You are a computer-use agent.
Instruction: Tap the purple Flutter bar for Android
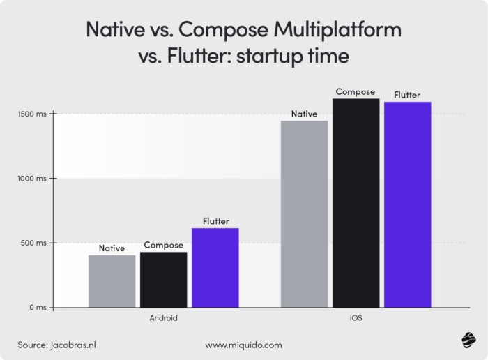click(215, 268)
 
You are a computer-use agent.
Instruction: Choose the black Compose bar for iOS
click(356, 203)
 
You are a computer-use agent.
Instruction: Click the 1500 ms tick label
click(32, 114)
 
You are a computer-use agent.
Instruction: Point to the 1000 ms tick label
click(32, 179)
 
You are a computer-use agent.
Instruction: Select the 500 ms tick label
click(33, 243)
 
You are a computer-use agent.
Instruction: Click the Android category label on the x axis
click(163, 318)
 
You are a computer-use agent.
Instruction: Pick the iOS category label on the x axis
click(356, 318)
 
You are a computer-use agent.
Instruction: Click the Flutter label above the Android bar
click(215, 221)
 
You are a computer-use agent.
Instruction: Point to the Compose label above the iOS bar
click(356, 91)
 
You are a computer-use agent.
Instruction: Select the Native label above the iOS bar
click(304, 114)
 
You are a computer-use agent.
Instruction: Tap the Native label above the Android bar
click(112, 248)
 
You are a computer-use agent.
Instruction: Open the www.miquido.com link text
click(243, 345)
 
